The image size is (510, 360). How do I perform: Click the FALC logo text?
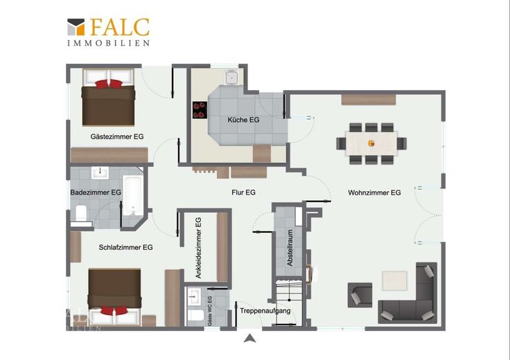tap(119, 27)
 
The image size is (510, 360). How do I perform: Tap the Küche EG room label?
tap(243, 120)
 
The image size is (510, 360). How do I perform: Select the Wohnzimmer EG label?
tap(374, 192)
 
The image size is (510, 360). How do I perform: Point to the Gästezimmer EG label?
tap(117, 136)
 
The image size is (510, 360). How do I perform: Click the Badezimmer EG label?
tap(96, 192)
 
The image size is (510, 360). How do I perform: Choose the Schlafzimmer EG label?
tap(125, 247)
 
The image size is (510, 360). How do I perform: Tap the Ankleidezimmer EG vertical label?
tap(198, 248)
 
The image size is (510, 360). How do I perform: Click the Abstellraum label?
tap(290, 248)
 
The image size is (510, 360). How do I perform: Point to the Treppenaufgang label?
tap(265, 311)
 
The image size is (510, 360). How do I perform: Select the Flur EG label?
tap(243, 192)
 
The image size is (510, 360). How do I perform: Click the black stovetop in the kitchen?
tap(200, 110)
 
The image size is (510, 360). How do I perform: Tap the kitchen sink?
tap(232, 78)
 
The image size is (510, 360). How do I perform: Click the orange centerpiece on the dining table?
tap(371, 143)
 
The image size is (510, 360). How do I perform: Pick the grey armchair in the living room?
tap(360, 295)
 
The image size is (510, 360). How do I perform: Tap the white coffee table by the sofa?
tap(394, 280)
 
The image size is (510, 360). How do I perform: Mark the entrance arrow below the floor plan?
tap(249, 339)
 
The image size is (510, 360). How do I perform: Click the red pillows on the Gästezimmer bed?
tap(109, 84)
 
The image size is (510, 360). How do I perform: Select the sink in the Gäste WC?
tap(194, 296)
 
